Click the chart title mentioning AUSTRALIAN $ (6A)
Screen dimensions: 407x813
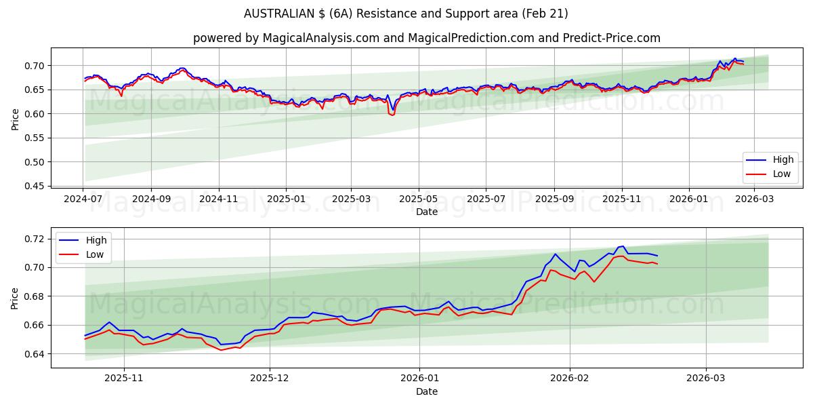coord(406,14)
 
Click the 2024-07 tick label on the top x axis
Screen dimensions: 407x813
coord(83,199)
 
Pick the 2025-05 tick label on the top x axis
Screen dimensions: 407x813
coord(419,199)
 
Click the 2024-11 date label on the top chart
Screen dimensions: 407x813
coord(218,199)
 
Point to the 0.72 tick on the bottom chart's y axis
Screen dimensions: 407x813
coord(34,239)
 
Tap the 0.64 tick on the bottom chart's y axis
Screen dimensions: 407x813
coord(34,354)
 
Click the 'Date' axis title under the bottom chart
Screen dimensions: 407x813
coord(427,391)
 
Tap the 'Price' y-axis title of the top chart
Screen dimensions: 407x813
coord(15,119)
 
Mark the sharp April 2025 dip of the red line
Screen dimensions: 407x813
coord(392,115)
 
